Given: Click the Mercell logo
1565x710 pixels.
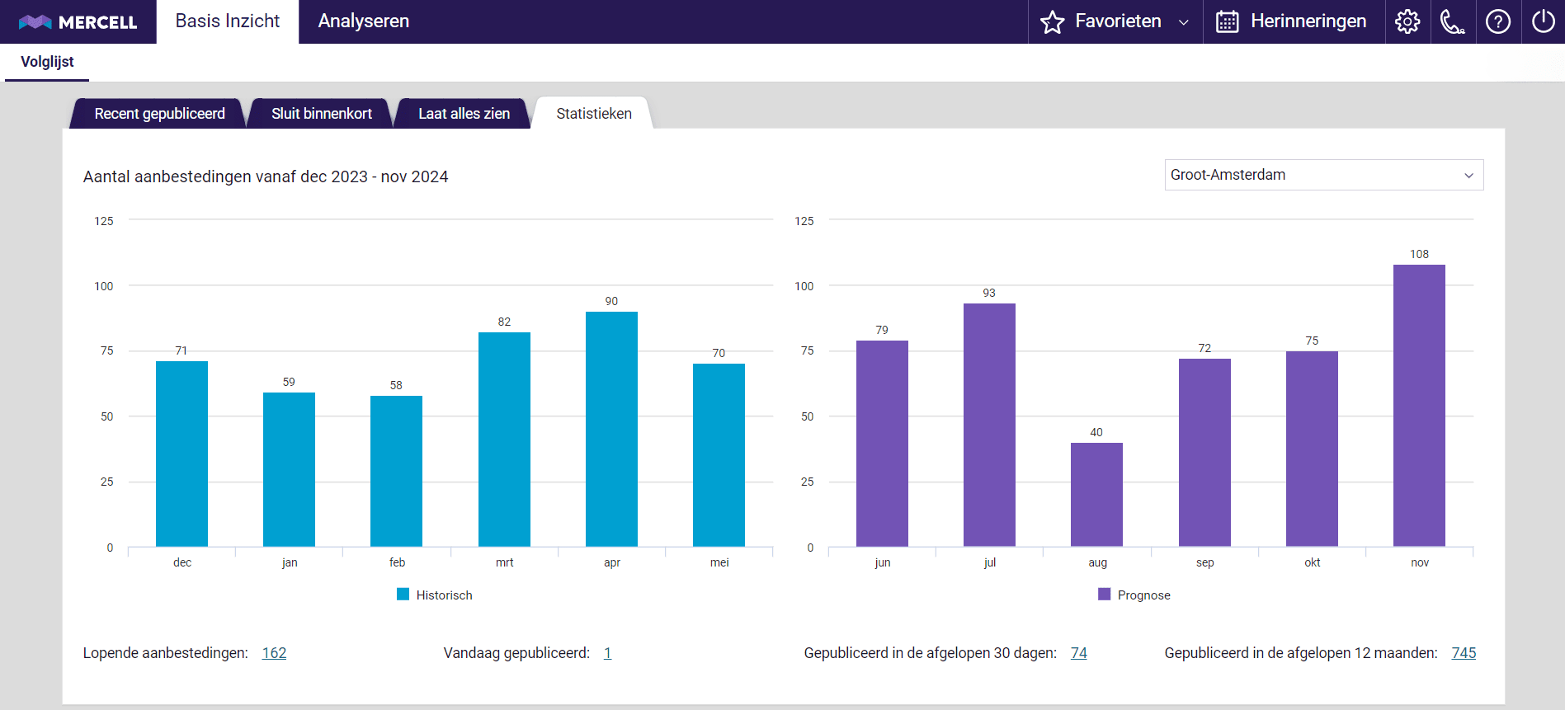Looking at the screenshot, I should [78, 21].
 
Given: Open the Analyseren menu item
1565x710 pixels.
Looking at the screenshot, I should [363, 21].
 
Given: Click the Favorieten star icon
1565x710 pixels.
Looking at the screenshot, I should [1053, 21].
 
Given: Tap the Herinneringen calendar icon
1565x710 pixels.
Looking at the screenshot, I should [1227, 21].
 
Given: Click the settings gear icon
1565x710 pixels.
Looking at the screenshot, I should [1407, 21].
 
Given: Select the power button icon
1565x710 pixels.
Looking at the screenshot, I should [1543, 21].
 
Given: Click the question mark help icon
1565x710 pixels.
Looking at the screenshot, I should [1497, 21].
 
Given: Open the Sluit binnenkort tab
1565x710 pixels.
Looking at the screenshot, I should [321, 114].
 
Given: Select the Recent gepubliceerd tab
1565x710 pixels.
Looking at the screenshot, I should [159, 114].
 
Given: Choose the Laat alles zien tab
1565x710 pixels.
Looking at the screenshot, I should [464, 114].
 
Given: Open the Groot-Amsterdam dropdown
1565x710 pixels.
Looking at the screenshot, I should [1323, 175].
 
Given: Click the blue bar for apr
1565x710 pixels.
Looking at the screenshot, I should [611, 429].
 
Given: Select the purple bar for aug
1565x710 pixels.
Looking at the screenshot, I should [1096, 495].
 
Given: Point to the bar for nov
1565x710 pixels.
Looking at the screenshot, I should [1419, 405].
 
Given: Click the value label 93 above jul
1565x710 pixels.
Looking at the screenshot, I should [989, 293].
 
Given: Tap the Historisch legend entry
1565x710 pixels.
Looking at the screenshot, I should [435, 595].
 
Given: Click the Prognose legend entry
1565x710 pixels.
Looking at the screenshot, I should [1134, 595].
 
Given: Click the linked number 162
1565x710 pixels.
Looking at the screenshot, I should [274, 653].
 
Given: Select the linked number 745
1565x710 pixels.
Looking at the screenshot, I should [1464, 653].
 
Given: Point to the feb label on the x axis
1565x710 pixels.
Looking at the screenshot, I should [397, 562].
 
